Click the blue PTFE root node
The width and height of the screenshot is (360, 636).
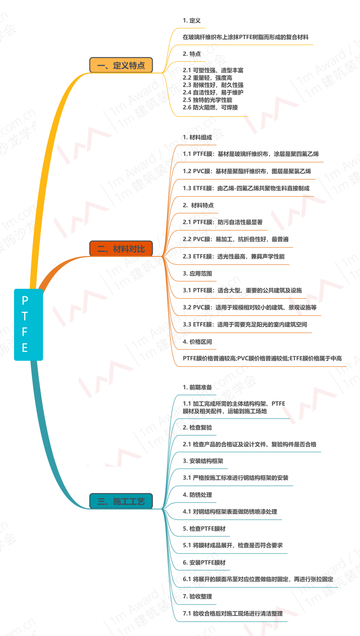pos(28,324)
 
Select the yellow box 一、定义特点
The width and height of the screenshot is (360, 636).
pos(121,65)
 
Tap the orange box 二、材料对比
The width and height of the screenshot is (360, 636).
pos(121,249)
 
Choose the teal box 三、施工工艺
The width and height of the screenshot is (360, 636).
pos(121,501)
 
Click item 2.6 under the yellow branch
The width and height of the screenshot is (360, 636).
pos(210,107)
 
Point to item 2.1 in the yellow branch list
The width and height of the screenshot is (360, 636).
pos(213,70)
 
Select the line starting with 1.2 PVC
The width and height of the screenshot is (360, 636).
pos(247,171)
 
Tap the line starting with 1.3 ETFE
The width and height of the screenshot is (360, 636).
pos(246,188)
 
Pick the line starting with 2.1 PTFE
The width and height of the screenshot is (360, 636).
pos(223,222)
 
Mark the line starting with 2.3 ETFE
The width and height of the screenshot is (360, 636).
pos(234,257)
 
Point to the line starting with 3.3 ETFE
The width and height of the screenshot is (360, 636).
pos(245,324)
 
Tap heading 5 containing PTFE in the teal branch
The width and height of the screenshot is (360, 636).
pos(204,529)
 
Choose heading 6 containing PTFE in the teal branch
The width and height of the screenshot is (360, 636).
pos(204,563)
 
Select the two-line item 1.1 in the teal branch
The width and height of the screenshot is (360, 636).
pos(233,407)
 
